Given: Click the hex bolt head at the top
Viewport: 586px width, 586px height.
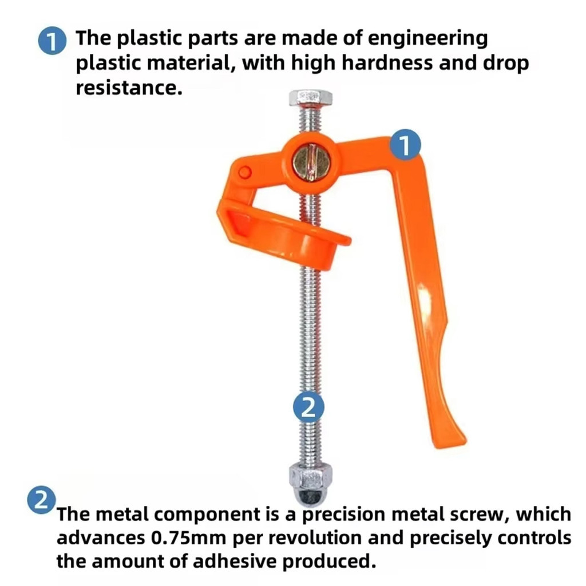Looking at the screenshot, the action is point(311,98).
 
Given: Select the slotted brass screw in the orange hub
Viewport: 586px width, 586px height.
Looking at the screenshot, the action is point(311,163).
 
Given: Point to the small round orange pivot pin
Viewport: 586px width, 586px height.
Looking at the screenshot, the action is point(245,172).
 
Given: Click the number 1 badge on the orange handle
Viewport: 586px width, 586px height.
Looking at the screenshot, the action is point(405,145).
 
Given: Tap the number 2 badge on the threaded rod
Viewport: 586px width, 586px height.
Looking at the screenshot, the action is point(308,407).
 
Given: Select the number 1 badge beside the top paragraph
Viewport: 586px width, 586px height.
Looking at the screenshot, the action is point(52,41).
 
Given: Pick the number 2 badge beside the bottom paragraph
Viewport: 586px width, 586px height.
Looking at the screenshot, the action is point(41,500).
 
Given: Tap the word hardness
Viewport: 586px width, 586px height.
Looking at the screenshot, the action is point(387,63).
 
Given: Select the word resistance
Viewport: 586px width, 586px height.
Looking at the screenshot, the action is point(129,88).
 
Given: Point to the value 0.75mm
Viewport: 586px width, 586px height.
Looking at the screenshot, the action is point(189,537).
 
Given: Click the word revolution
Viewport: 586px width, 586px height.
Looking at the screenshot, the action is point(315,537).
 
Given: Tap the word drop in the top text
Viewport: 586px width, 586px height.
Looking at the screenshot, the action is point(506,64).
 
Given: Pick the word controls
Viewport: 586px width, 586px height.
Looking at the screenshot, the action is point(534,537).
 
